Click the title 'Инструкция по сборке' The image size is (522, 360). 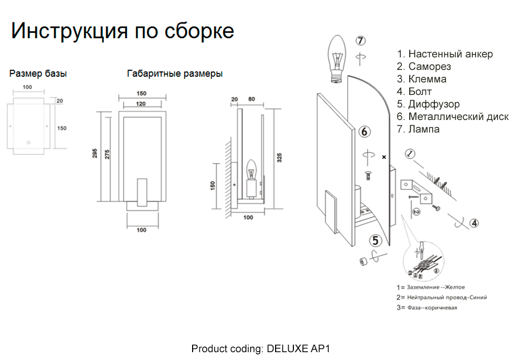coord(122,31)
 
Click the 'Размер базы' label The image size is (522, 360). coord(38,74)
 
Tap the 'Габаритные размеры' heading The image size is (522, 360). coord(175,74)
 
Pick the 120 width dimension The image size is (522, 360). coord(141,104)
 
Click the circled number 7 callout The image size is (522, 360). coord(361,41)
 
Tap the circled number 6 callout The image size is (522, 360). coord(364,131)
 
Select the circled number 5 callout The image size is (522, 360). coord(376,241)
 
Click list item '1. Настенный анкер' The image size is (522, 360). coord(444,54)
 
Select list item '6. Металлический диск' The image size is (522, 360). coord(452,116)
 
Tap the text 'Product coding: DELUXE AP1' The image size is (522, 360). coord(261,348)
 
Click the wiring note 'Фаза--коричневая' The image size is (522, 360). coord(427,308)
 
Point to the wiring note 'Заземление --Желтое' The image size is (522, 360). coord(431,287)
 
